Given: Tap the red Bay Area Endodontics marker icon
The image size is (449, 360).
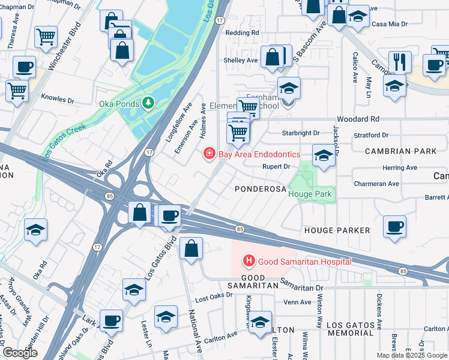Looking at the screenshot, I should pyautogui.click(x=209, y=154).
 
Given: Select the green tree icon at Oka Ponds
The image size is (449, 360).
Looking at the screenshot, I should pyautogui.click(x=148, y=103).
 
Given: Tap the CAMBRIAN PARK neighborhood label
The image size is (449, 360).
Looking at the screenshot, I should pyautogui.click(x=401, y=151).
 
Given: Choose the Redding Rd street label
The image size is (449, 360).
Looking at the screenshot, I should pyautogui.click(x=243, y=32).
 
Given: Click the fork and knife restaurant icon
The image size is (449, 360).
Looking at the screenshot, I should pyautogui.click(x=399, y=61).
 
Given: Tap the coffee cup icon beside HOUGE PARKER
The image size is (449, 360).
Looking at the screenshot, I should pyautogui.click(x=394, y=227).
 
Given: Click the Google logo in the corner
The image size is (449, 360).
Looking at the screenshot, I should pyautogui.click(x=20, y=353).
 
